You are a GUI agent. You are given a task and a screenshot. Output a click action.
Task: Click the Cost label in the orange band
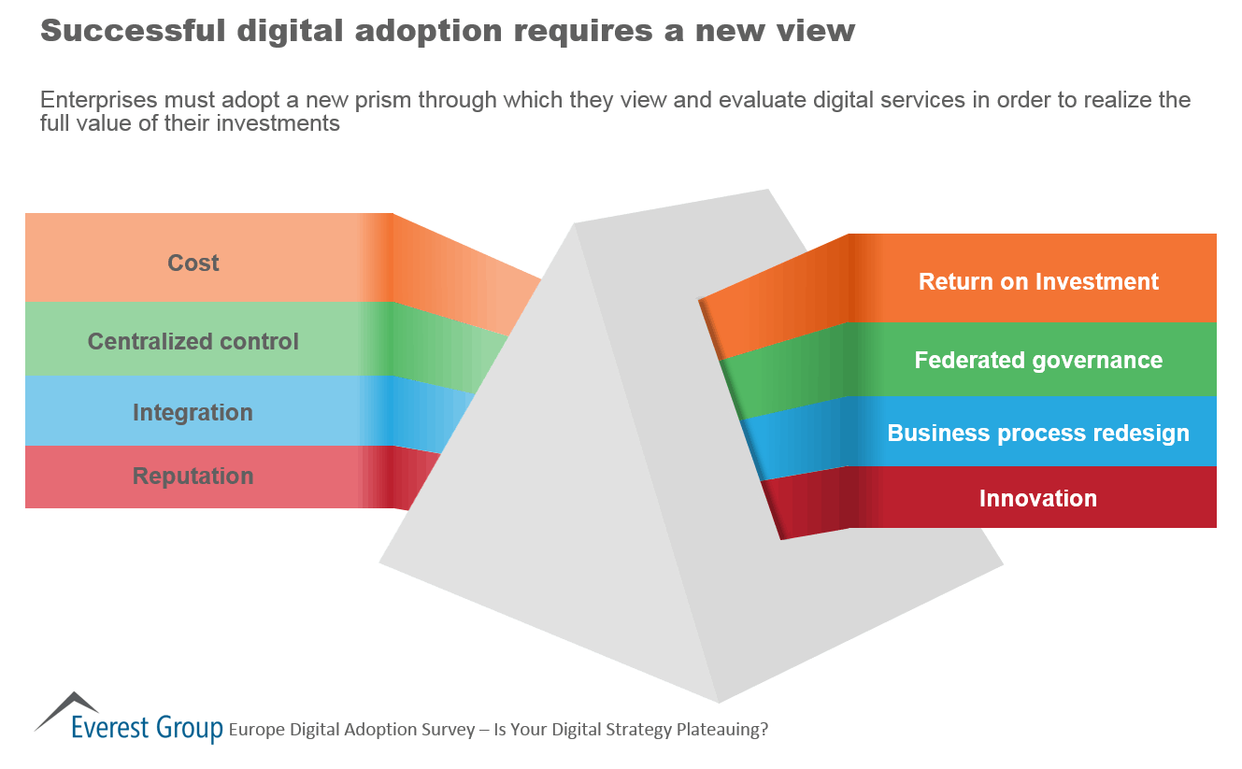coord(193,263)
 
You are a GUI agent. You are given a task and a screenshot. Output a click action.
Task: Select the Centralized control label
coord(193,341)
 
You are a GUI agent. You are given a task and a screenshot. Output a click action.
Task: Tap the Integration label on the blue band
coord(193,412)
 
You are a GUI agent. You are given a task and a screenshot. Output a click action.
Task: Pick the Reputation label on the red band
coord(193,476)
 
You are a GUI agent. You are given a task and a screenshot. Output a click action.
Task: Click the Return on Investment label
coord(1038,281)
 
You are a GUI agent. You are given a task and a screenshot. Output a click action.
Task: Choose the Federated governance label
coord(1038,360)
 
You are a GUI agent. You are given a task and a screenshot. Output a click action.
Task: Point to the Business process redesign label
coord(1038,433)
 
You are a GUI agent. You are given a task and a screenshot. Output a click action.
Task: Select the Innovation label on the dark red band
coord(1037,498)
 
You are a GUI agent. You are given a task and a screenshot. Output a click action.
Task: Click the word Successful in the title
coord(132,31)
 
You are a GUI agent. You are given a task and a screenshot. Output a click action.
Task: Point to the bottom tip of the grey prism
coord(719,701)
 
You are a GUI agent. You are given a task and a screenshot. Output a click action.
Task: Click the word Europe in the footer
coord(255,730)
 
